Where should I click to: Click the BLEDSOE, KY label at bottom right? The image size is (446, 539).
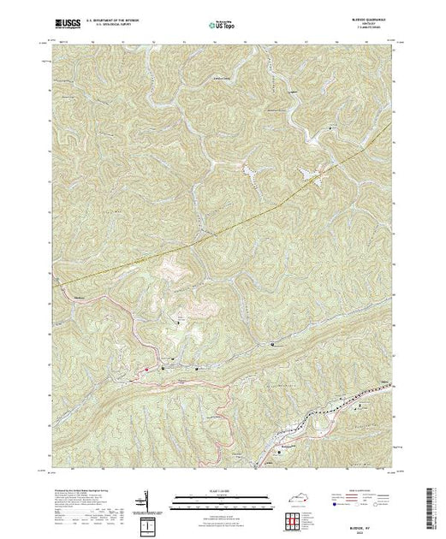pos(371,513)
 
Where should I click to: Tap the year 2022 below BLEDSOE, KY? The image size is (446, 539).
pos(371,518)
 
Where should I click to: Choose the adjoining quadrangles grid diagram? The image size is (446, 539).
pos(296,515)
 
